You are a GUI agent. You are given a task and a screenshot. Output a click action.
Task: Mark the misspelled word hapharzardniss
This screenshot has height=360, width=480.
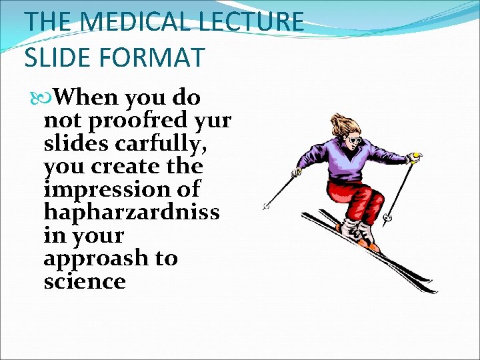tap(131, 212)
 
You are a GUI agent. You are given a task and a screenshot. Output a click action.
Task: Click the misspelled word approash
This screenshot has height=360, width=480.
tap(96, 259)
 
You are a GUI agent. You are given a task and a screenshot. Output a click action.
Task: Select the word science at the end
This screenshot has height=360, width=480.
tap(85, 281)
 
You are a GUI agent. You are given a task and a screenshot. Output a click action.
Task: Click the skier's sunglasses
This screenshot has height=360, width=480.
tap(355, 141)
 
